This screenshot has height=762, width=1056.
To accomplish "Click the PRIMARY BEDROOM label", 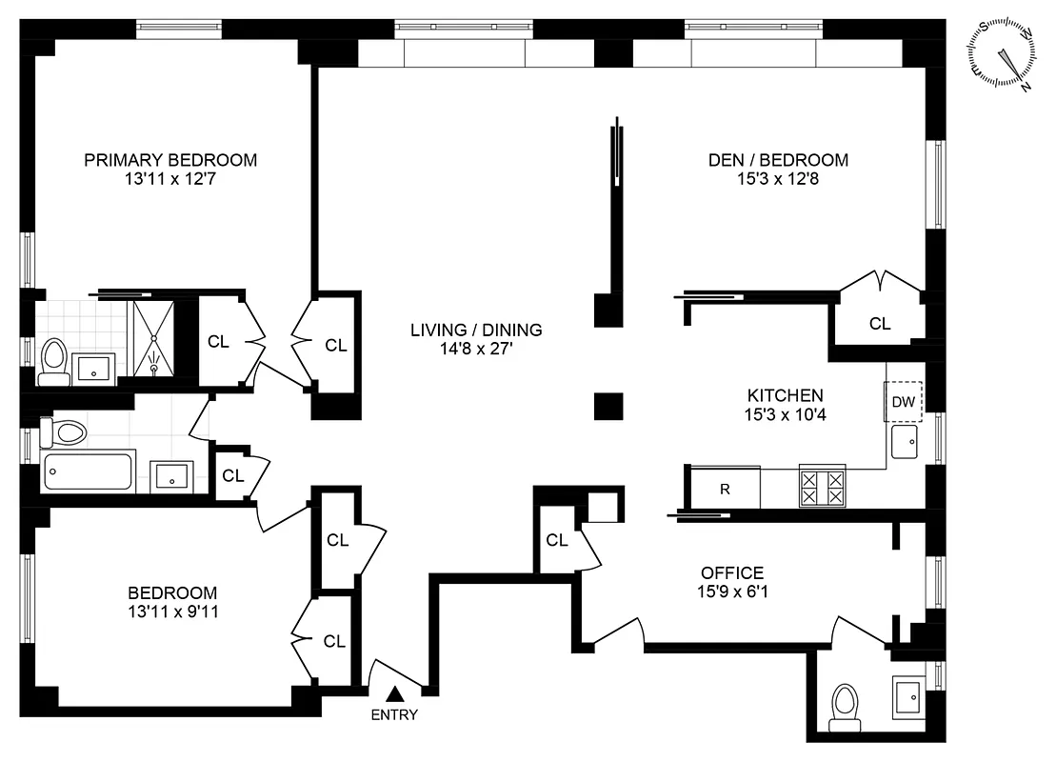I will click(170, 160).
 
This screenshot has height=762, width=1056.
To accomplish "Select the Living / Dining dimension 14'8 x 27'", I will click(476, 350).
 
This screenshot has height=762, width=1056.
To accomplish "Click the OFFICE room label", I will click(732, 572).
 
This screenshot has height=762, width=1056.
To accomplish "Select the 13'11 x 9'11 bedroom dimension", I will click(173, 612).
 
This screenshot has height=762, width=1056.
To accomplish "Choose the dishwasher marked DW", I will click(903, 401).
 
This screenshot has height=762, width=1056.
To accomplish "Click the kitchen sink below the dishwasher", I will click(906, 442).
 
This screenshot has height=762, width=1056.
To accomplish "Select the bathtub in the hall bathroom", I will click(87, 472).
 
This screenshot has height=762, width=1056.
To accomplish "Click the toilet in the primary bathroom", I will click(53, 360).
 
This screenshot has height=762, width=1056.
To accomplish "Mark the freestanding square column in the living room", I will click(608, 406).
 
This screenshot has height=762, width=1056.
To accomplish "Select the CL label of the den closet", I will click(880, 324).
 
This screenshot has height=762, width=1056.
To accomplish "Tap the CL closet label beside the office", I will click(557, 541).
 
